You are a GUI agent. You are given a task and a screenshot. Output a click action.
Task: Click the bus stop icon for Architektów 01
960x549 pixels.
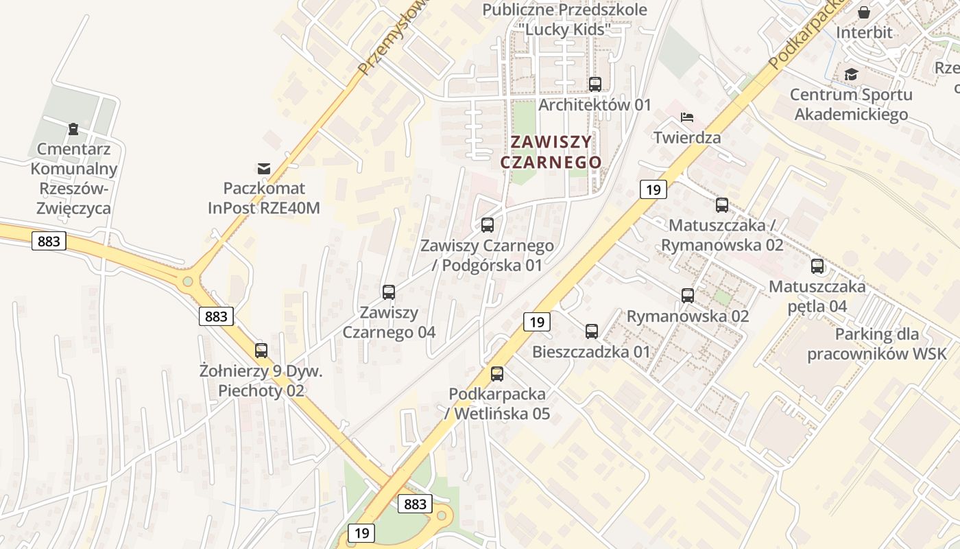[x=595, y=84]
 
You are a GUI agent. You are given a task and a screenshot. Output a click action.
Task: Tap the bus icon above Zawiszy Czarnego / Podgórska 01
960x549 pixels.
[x=488, y=224]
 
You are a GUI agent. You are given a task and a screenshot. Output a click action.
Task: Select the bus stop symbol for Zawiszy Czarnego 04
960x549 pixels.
[x=389, y=292]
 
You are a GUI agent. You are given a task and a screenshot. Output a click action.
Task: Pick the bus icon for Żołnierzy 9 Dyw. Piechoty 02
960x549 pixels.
[x=261, y=350]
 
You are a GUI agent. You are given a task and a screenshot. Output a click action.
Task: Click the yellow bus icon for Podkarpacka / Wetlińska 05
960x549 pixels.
[x=497, y=374]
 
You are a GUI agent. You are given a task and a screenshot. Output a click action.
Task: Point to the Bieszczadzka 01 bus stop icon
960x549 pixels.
[x=592, y=331]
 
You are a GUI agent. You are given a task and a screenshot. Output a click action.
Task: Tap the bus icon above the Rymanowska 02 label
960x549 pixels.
[x=688, y=296]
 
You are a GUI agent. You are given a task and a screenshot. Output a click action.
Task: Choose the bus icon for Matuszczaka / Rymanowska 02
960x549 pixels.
[x=722, y=205]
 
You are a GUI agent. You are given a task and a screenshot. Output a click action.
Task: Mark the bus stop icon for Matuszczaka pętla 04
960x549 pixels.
[x=817, y=266]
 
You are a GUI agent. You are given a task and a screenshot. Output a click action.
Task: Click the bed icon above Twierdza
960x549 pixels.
[x=687, y=117]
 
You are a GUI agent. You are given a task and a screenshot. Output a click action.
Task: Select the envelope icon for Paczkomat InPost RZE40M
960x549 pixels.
[x=264, y=168]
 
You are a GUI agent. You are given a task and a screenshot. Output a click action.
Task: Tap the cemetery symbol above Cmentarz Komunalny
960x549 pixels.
[x=73, y=129]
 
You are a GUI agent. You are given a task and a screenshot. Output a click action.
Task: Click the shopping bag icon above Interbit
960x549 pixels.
[x=864, y=12]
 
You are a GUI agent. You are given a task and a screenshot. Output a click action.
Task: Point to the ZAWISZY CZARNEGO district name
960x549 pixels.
[x=551, y=152]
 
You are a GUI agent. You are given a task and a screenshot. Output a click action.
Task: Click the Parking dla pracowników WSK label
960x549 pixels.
[x=876, y=344]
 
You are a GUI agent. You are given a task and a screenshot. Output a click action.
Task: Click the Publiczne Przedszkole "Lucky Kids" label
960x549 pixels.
[x=564, y=19]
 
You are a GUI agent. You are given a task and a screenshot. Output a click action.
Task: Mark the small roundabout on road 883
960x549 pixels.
[x=187, y=281]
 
